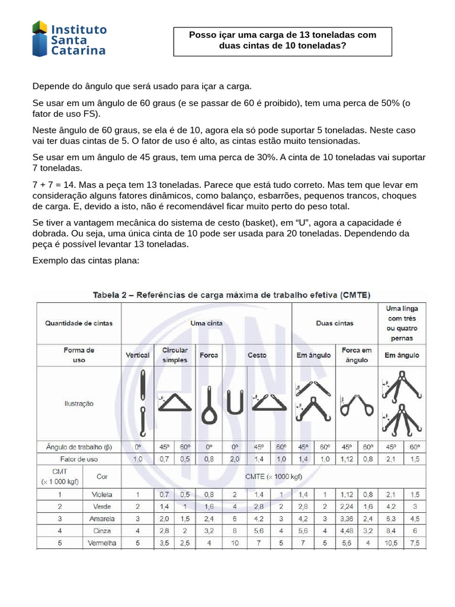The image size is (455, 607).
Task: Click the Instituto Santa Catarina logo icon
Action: (40, 39)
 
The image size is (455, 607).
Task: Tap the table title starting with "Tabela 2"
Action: (231, 295)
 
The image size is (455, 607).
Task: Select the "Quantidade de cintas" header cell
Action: (79, 323)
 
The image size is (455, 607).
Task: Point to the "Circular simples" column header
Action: (175, 355)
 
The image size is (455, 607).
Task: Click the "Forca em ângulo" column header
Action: (357, 355)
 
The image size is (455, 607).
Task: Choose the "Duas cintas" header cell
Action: (335, 323)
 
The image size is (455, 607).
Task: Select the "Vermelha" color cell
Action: (102, 542)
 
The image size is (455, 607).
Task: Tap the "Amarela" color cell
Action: (102, 519)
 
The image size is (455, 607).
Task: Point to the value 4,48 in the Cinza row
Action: (347, 531)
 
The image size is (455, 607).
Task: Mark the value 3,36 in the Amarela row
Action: (347, 519)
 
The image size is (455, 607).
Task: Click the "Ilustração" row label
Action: (79, 404)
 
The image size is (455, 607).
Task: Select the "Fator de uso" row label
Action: (79, 459)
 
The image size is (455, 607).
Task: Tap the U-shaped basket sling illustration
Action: (235, 402)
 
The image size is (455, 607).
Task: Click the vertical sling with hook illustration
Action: (142, 403)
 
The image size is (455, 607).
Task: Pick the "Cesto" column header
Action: (257, 355)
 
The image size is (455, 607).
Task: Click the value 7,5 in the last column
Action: (415, 542)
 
